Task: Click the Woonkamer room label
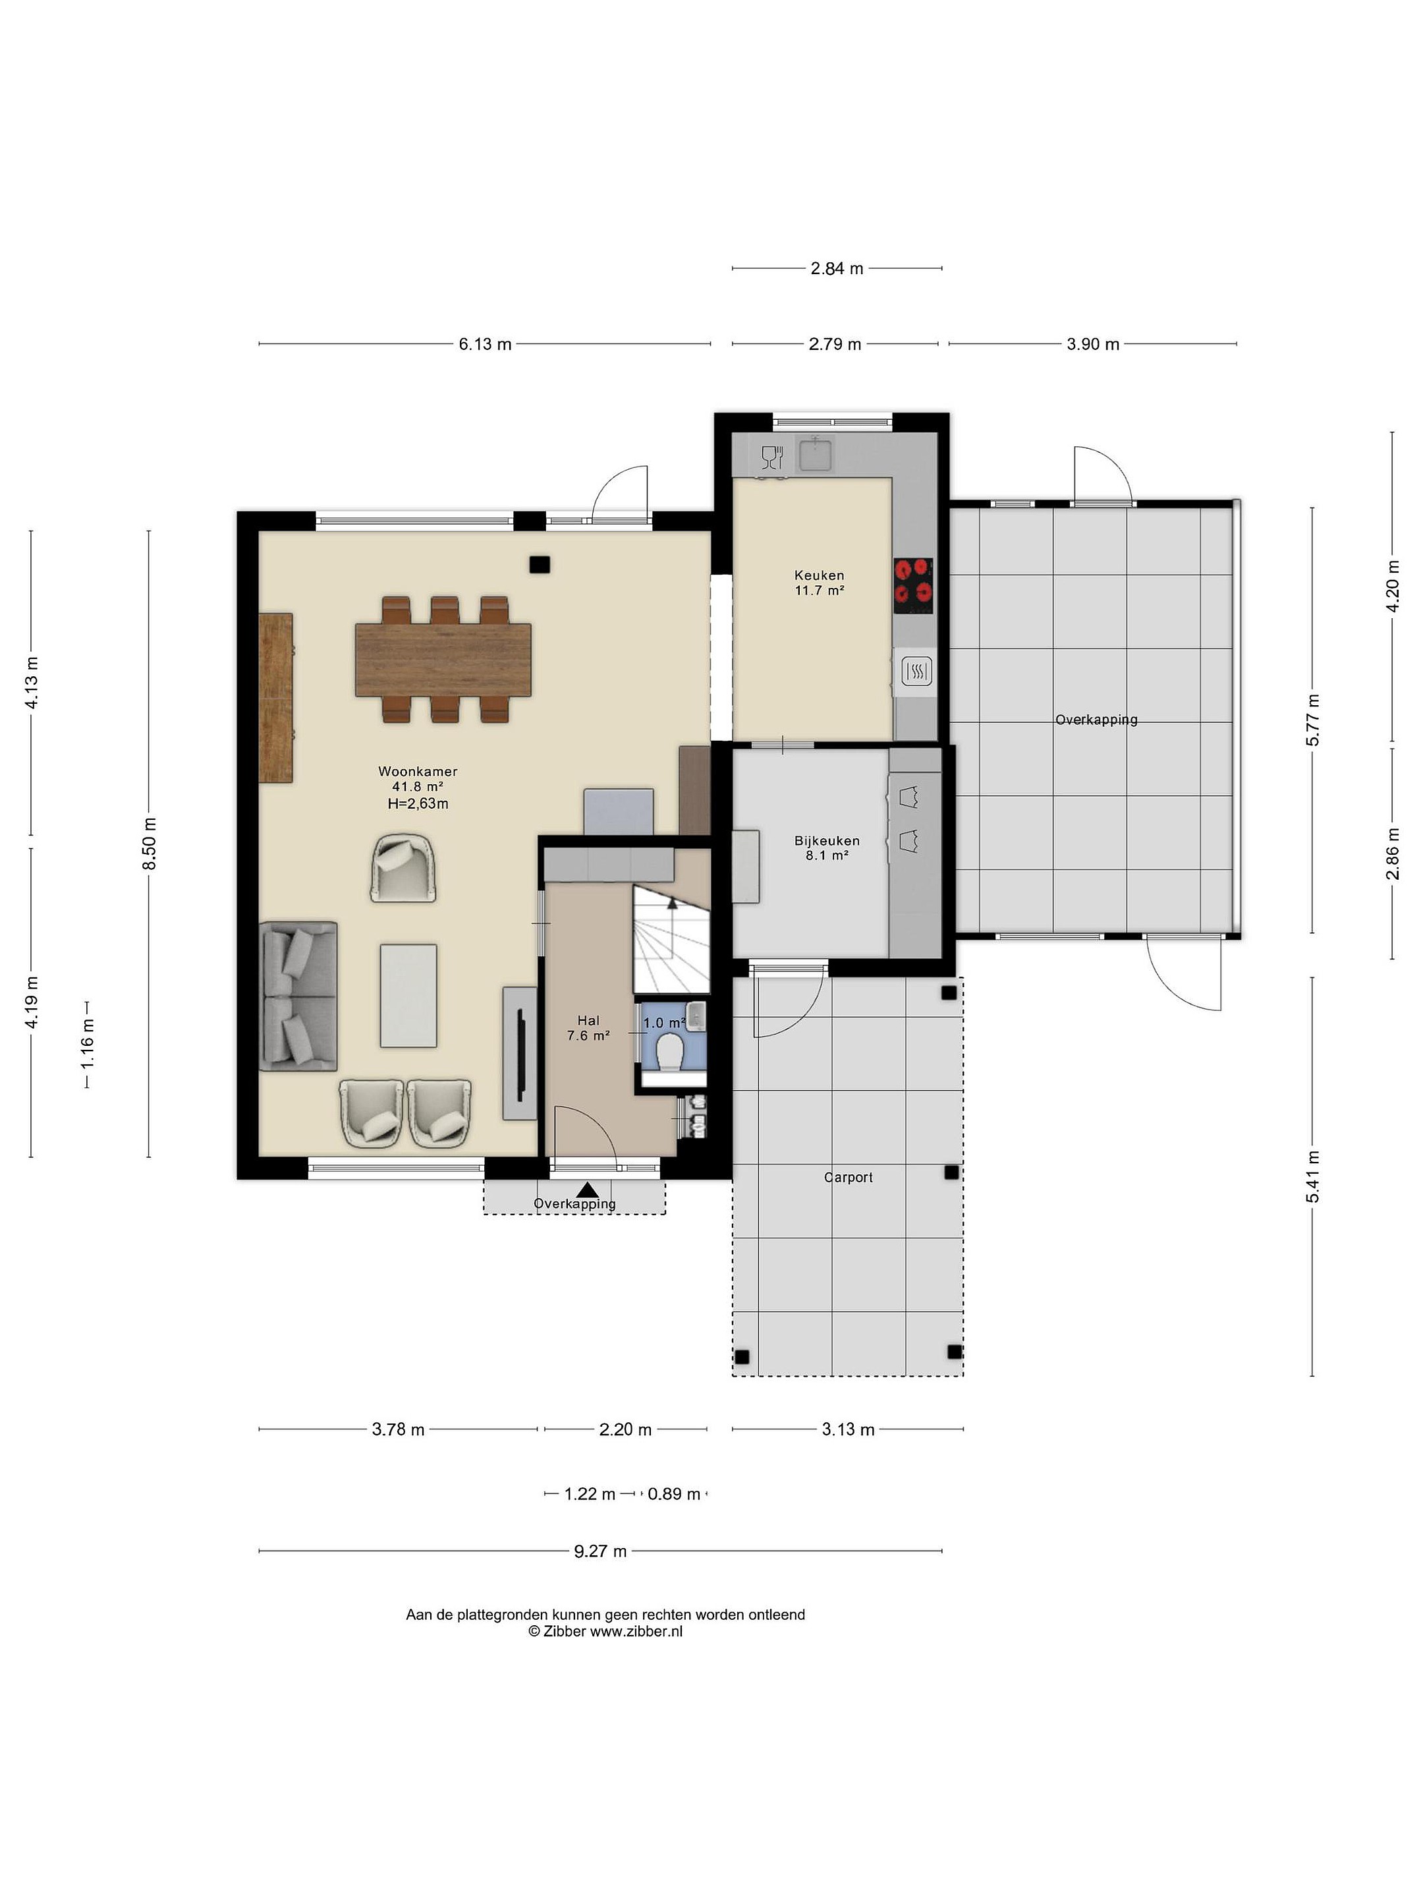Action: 418,771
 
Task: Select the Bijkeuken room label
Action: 827,841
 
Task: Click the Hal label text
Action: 588,1020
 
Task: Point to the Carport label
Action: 849,1177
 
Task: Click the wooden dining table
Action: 443,660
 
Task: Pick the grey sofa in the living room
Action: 298,996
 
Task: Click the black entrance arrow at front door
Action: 588,1190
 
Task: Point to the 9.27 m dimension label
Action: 600,1551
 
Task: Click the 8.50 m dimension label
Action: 150,844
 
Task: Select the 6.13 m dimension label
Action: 485,344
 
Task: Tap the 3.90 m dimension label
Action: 1093,344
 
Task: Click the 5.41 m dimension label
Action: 1313,1176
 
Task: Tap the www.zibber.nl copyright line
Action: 605,1632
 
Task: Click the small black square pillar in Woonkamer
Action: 540,565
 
